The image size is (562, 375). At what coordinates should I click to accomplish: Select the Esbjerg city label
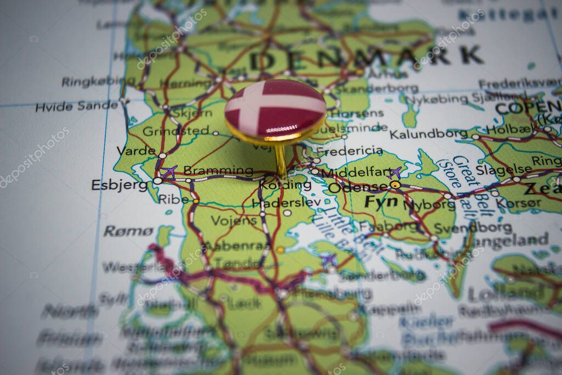click(x=119, y=185)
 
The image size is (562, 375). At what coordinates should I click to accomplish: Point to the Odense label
click(x=357, y=188)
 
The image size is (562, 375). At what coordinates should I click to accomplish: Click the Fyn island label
click(x=381, y=202)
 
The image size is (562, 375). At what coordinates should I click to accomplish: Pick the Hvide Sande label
click(x=76, y=106)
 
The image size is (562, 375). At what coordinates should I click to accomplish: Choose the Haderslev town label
click(x=286, y=203)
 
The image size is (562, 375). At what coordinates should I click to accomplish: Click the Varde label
click(x=136, y=150)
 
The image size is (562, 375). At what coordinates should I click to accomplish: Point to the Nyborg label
click(x=429, y=205)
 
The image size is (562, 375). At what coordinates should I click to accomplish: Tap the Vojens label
click(x=234, y=221)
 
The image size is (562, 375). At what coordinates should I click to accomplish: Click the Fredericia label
click(x=350, y=150)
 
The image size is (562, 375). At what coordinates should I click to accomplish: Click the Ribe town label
click(x=173, y=199)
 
